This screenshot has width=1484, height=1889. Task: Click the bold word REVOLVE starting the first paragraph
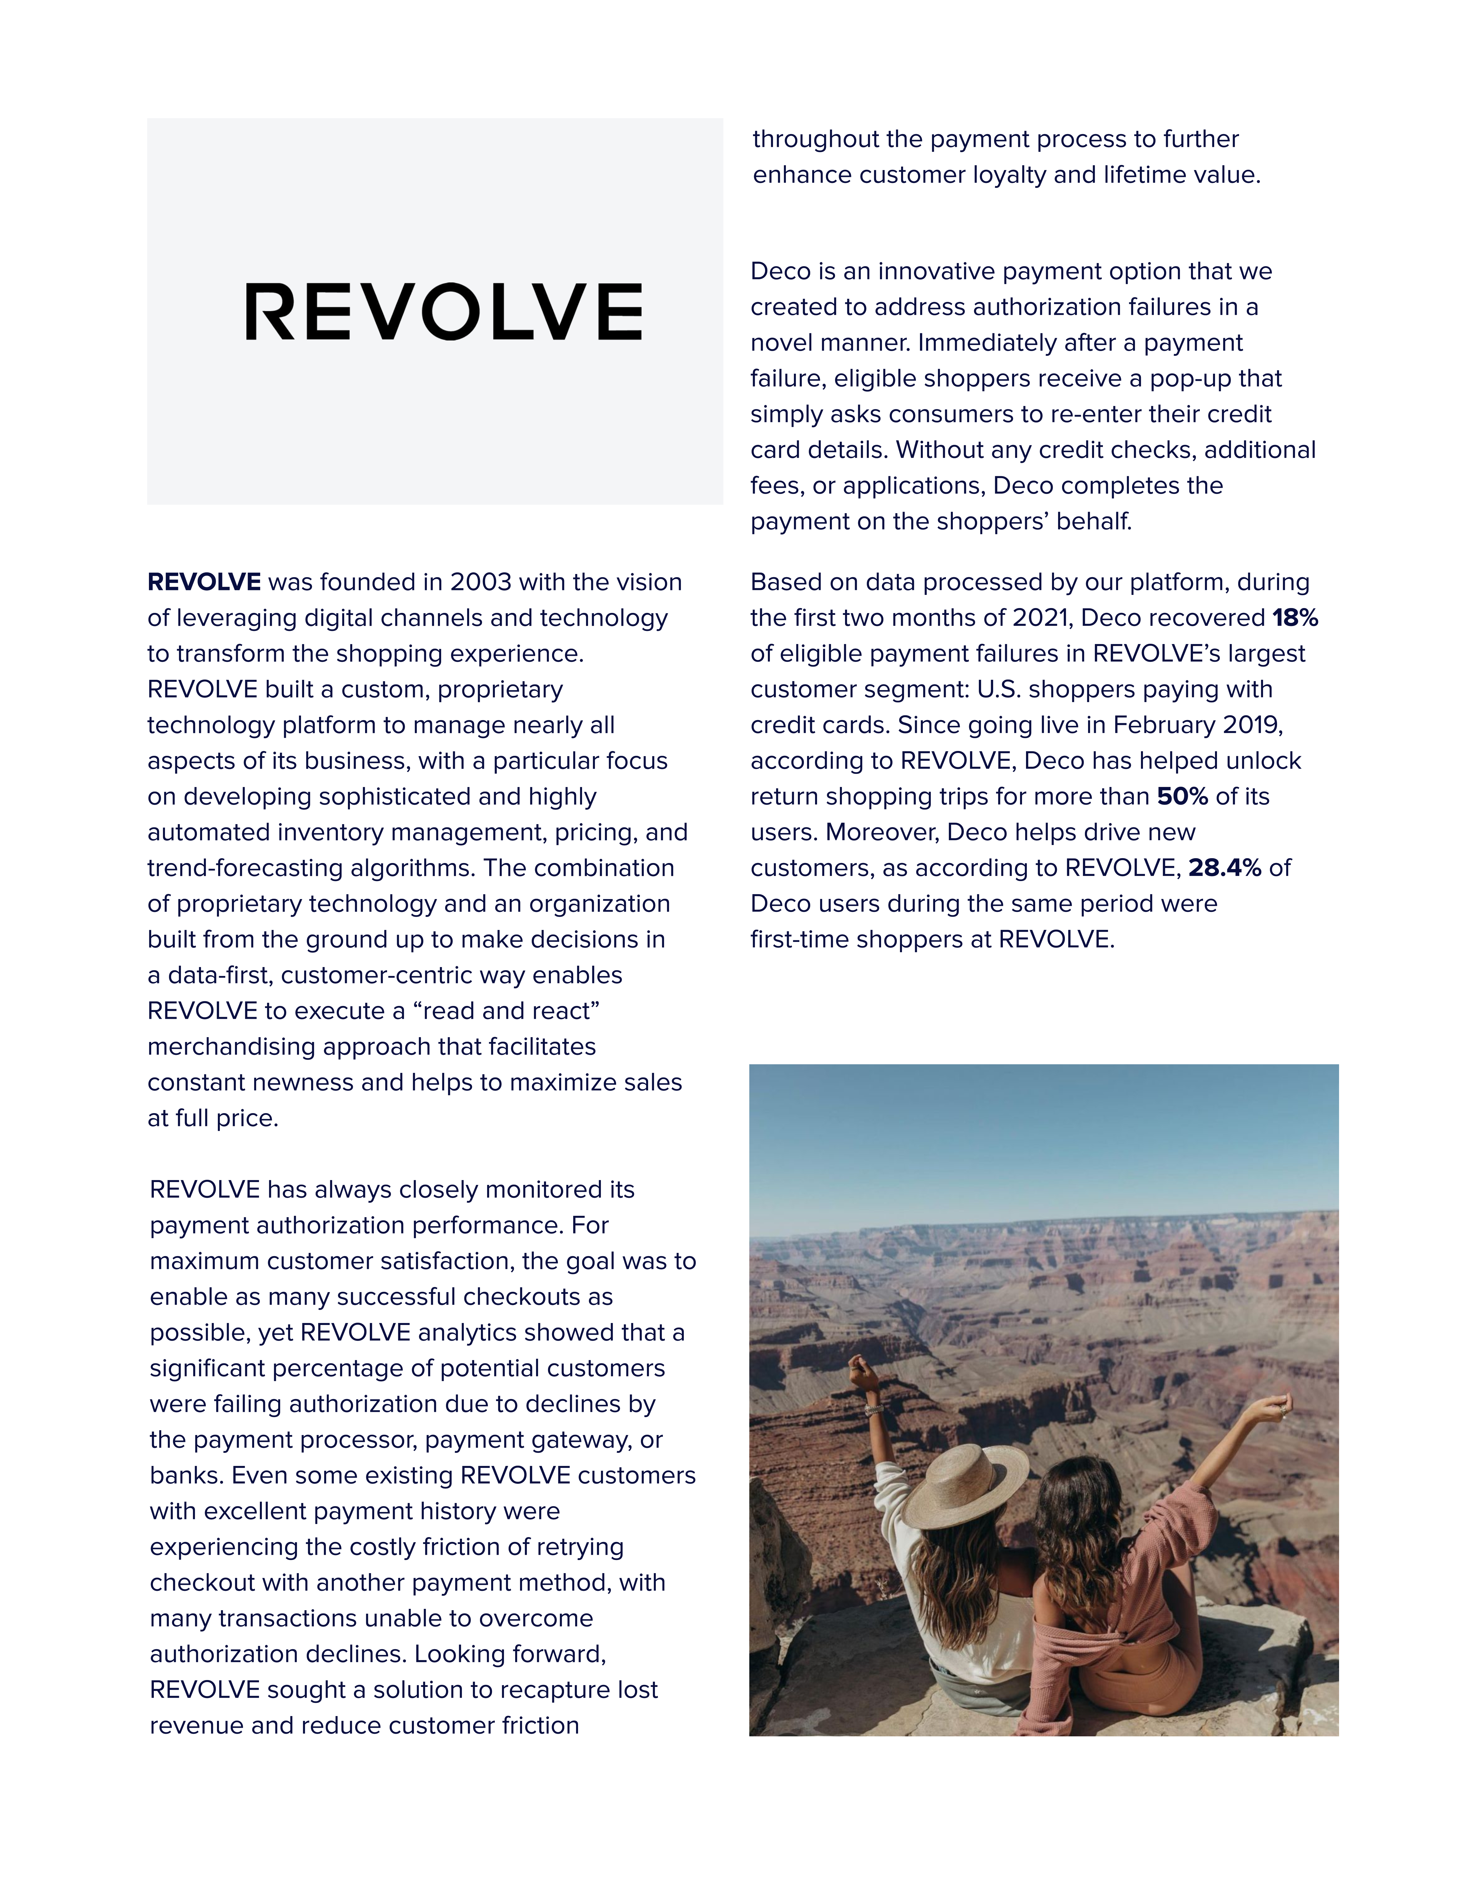[x=204, y=582]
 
